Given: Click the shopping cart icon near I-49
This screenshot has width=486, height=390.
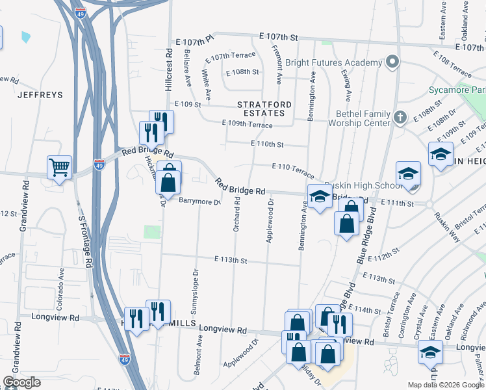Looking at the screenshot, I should click(59, 167).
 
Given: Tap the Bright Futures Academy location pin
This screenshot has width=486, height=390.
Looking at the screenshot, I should click(392, 63).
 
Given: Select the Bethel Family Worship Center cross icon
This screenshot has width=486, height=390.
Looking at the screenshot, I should click(401, 118).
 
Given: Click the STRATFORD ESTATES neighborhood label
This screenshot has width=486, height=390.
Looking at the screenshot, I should click(261, 109).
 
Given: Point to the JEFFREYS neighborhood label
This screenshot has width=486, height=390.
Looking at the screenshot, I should click(40, 95).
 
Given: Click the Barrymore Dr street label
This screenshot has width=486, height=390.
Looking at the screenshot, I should click(200, 201).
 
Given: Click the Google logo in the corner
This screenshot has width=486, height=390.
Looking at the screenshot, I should click(22, 382).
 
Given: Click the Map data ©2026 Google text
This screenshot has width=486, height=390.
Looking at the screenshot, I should click(445, 385).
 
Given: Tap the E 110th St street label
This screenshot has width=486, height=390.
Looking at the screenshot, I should click(267, 143).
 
